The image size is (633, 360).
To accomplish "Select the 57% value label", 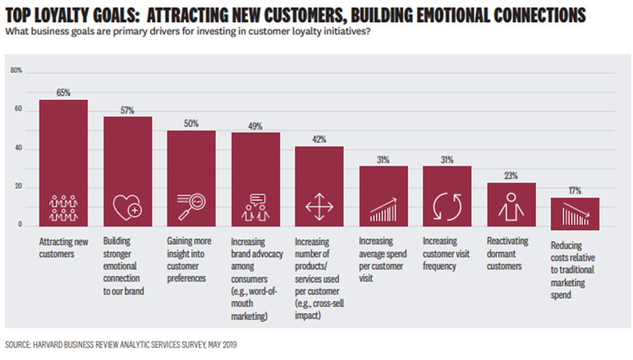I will [128, 110].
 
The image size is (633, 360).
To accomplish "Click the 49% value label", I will [256, 125].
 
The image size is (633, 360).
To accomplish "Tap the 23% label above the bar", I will [511, 175].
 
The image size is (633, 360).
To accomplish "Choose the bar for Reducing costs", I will [575, 213].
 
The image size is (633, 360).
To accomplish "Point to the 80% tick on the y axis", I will [16, 70].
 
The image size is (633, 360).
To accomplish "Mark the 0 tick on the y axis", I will [20, 224].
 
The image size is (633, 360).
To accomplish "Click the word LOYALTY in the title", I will [63, 14].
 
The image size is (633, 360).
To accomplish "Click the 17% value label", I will [574, 191].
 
